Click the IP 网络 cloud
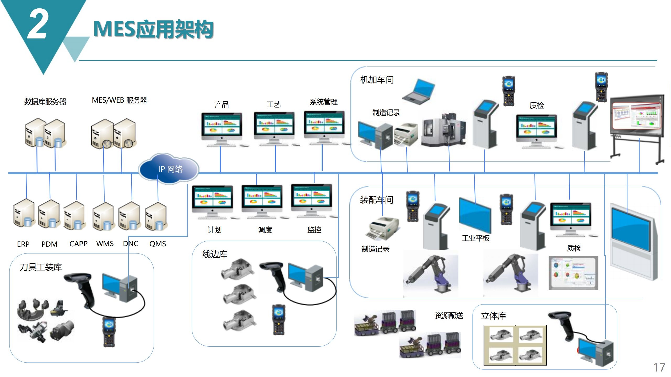(x=169, y=169)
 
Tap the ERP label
(x=23, y=244)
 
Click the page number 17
(x=659, y=367)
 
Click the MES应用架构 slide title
(x=153, y=29)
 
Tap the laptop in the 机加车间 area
(x=419, y=91)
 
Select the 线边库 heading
(x=215, y=254)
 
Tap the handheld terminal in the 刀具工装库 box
(x=109, y=332)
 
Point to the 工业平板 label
(x=475, y=238)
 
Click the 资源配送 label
(x=449, y=315)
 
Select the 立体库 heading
(x=493, y=316)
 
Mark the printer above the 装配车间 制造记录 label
(x=383, y=228)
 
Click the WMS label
(x=105, y=244)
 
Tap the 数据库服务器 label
(x=45, y=102)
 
